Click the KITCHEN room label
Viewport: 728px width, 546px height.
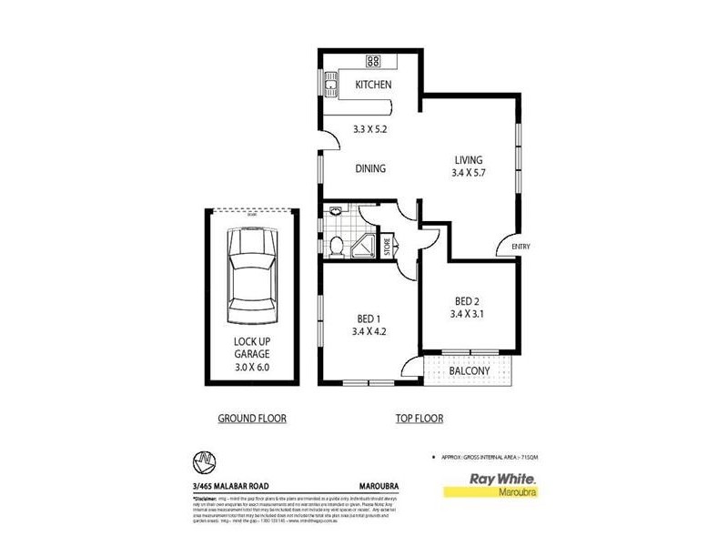[373, 85]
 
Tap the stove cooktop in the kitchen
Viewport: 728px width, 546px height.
[373, 61]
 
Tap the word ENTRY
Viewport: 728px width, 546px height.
[521, 247]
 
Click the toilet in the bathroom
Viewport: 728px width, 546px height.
[336, 244]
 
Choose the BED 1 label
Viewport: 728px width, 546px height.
[370, 318]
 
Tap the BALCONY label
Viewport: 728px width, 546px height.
[470, 371]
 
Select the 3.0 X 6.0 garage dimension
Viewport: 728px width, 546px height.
[251, 369]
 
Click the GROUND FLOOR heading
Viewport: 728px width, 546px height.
[251, 419]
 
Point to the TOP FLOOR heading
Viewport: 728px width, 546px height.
[420, 419]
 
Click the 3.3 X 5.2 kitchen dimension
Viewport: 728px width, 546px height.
[371, 129]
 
